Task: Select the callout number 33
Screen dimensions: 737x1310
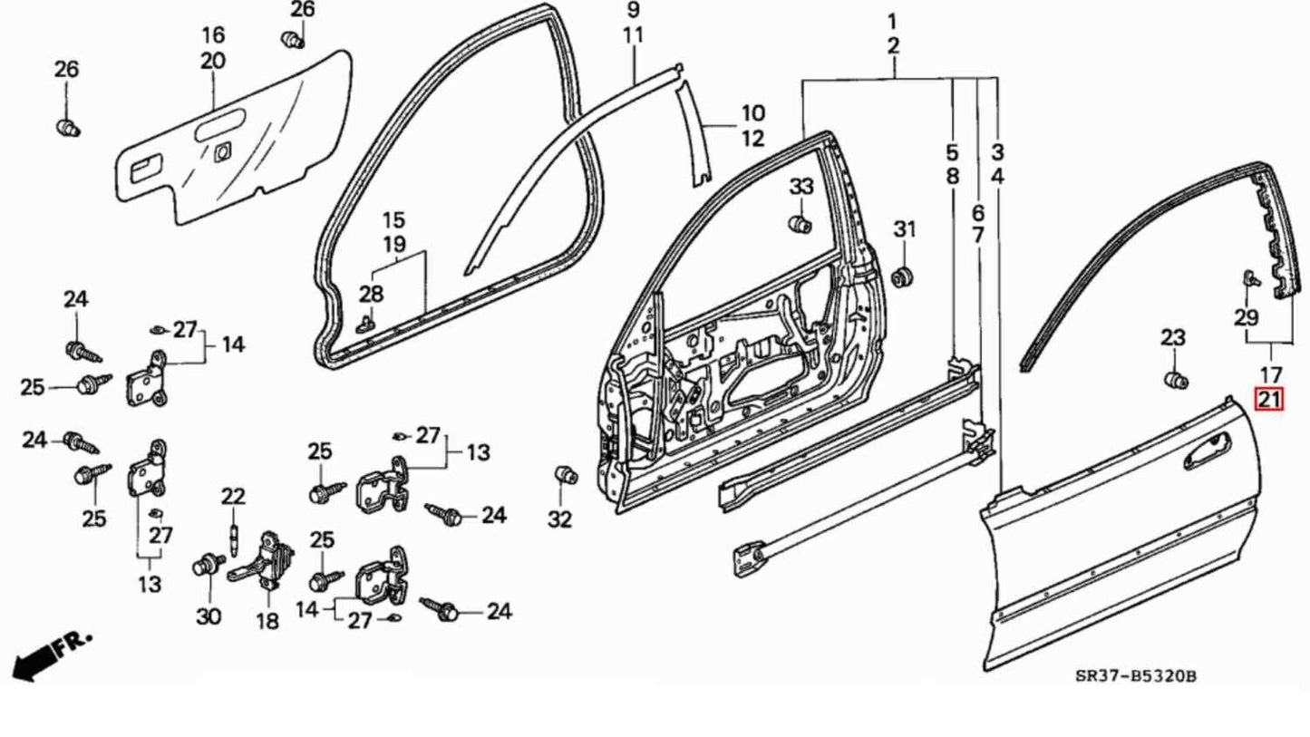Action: (x=801, y=187)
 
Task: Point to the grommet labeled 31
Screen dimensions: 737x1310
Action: (x=902, y=276)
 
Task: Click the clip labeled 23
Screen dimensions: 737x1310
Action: (x=1176, y=381)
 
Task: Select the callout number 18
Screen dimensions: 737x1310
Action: (x=267, y=622)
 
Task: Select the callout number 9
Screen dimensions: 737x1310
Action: (x=633, y=10)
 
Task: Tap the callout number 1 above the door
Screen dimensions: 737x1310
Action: (x=892, y=20)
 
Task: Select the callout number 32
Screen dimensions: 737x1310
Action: (x=560, y=519)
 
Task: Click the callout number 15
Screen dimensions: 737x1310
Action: (x=393, y=220)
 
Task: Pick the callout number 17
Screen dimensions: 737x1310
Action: (x=1271, y=373)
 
